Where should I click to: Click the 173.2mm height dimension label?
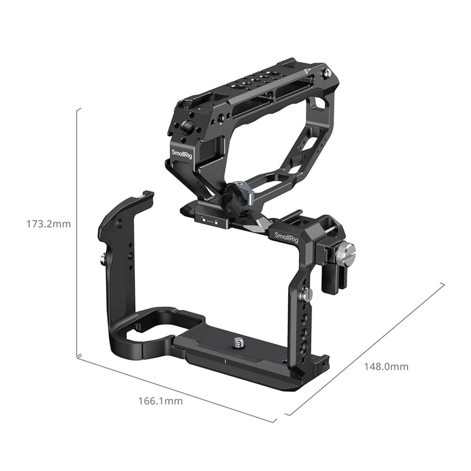pos(48,224)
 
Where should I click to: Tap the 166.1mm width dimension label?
pos(160,401)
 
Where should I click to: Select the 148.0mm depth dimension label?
pos(386,367)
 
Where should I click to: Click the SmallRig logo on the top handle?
pos(181,154)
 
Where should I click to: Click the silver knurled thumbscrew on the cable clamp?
pos(345,251)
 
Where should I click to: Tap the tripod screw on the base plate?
pos(239,342)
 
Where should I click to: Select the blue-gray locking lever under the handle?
pos(241,192)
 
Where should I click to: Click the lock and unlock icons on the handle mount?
pos(209,221)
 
